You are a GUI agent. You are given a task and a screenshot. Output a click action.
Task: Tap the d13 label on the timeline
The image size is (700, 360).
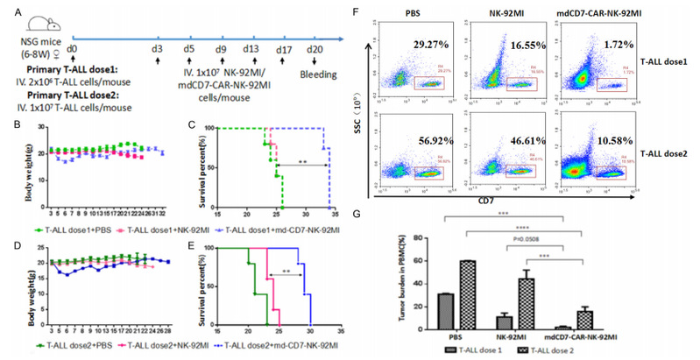point(251,44)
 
